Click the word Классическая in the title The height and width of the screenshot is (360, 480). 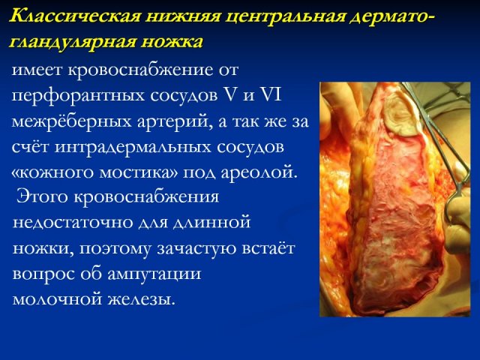(75, 16)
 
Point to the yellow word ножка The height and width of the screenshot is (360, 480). (172, 42)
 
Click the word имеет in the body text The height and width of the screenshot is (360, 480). (37, 70)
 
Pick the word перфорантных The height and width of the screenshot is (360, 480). (79, 95)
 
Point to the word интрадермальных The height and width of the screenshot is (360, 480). (133, 147)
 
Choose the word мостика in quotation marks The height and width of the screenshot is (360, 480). (139, 172)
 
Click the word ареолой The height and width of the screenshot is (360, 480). (259, 173)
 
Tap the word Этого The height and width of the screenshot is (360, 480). (42, 196)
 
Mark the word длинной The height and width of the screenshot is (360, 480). (211, 222)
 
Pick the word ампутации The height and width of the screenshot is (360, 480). (154, 273)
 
